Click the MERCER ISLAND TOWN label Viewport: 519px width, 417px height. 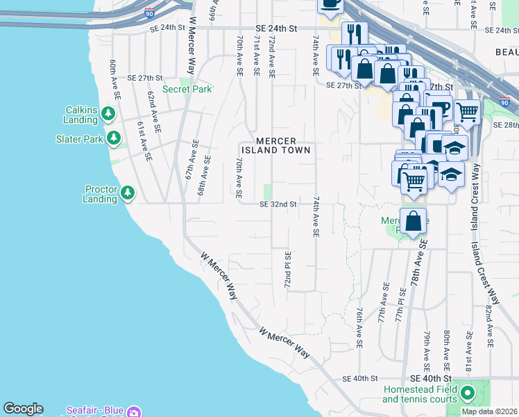(275, 145)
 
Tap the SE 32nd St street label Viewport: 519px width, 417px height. (278, 204)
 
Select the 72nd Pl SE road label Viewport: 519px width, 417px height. (287, 271)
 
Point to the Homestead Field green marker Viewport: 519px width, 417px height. (468, 394)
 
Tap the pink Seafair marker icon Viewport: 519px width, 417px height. (134, 411)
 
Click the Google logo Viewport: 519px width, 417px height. (23, 409)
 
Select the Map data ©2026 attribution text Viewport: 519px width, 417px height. (489, 411)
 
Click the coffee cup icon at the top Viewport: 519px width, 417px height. (330, 4)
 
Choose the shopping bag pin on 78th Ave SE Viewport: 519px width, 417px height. (413, 221)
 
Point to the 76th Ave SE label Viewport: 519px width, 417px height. (359, 329)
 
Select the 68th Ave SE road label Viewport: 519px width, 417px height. (207, 165)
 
